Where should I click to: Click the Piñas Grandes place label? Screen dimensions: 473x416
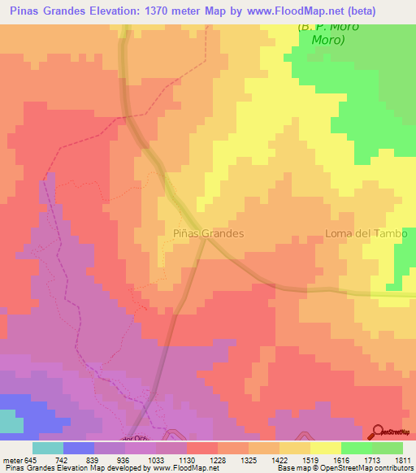coord(209,232)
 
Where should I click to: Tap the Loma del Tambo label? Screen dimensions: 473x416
coord(360,232)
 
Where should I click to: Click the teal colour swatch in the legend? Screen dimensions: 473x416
coord(48,447)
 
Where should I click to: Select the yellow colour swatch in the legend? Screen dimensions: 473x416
coord(326,447)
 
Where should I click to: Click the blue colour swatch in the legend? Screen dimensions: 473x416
coord(79,447)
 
